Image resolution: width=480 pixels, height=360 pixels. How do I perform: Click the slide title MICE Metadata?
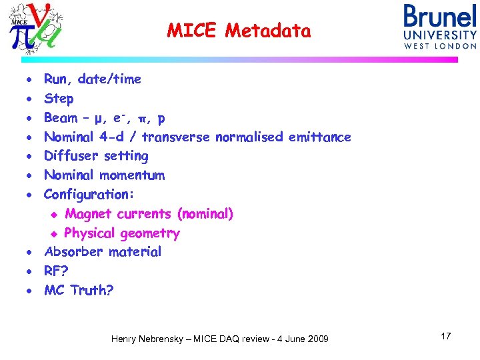click(x=239, y=31)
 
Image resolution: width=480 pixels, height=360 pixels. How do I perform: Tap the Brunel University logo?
click(x=439, y=27)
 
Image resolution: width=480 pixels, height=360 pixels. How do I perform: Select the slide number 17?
click(x=445, y=336)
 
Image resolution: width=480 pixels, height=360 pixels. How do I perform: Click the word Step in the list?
click(x=59, y=99)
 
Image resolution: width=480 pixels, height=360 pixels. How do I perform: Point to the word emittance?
click(x=319, y=137)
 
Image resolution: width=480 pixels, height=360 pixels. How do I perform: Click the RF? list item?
click(x=55, y=271)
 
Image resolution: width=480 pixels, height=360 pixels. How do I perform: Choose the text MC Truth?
click(x=79, y=291)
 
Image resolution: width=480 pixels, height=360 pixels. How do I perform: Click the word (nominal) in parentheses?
click(x=205, y=214)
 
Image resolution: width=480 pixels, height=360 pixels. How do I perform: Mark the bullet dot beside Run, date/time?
click(x=30, y=80)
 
